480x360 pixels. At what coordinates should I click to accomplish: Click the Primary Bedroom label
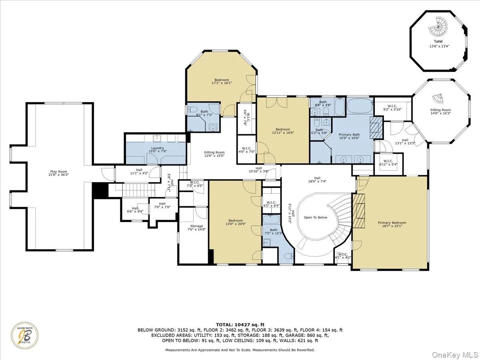click(x=392, y=225)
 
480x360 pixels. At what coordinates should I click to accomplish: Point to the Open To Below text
click(x=316, y=217)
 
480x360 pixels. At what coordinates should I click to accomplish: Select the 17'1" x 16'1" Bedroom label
click(x=222, y=82)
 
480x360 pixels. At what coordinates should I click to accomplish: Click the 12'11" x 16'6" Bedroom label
click(x=283, y=131)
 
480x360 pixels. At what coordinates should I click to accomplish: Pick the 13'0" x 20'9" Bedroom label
click(x=236, y=222)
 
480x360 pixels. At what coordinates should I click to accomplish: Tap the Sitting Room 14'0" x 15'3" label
click(x=440, y=112)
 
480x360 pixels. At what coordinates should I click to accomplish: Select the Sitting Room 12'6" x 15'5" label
click(x=214, y=154)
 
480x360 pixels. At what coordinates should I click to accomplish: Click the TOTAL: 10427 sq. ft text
click(x=240, y=324)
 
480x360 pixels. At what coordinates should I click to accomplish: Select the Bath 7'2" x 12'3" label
click(x=274, y=232)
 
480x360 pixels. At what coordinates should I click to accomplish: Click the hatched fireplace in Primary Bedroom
click(x=359, y=210)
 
